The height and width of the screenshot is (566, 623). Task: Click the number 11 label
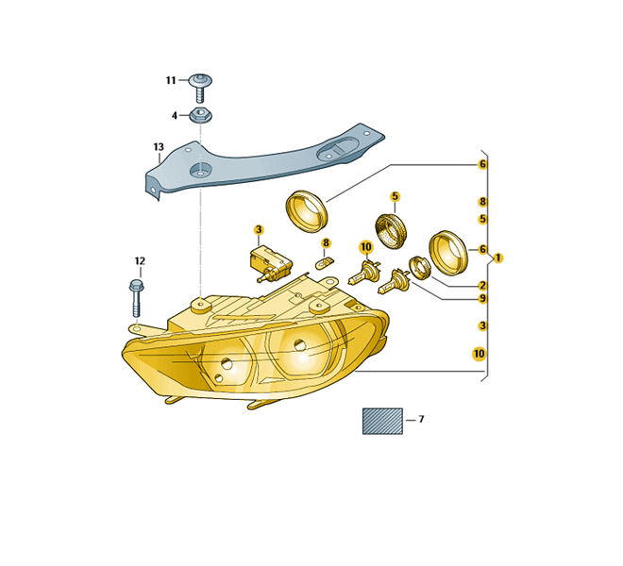click(x=171, y=80)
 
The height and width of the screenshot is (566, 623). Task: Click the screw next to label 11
click(x=201, y=88)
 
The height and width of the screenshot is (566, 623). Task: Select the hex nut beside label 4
click(x=201, y=116)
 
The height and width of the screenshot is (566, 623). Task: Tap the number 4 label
click(x=174, y=116)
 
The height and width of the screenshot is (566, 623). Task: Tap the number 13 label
click(x=159, y=147)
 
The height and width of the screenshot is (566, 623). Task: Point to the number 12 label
click(x=140, y=261)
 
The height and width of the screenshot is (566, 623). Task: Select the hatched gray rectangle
click(x=382, y=421)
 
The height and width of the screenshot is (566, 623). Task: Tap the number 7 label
click(x=421, y=419)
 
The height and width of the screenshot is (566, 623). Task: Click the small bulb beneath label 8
click(x=325, y=262)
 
